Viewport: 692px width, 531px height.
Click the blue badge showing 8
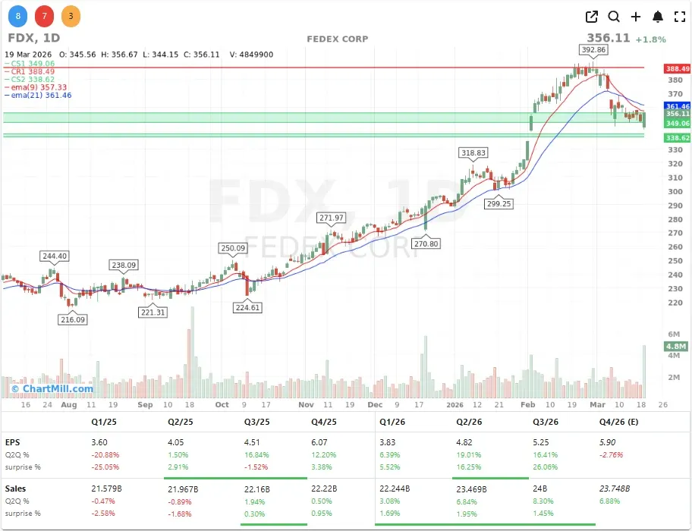click(17, 15)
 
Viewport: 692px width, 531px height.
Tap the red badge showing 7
click(44, 15)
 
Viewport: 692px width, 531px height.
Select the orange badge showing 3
click(71, 15)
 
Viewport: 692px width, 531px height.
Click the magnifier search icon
click(614, 17)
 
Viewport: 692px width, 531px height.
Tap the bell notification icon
click(658, 17)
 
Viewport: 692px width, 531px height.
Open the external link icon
click(592, 17)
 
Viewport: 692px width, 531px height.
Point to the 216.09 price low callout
click(73, 320)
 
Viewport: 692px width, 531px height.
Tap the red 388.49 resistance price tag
click(677, 68)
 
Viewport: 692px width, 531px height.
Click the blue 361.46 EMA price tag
click(677, 106)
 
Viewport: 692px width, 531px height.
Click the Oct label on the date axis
click(222, 405)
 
